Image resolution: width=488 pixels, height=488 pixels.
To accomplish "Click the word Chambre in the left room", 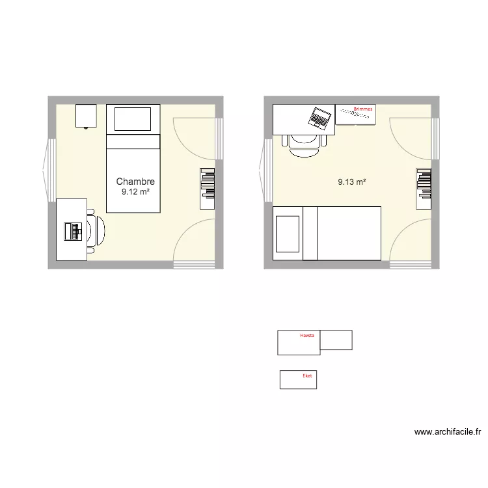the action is pos(135,182).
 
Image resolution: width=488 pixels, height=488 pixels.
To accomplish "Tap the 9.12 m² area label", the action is pos(135,192).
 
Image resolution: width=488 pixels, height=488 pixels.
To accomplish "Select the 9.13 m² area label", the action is pos(351,182).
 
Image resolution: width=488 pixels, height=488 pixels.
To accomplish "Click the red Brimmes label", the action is pos(363,109).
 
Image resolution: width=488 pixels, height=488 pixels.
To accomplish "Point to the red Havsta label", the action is pos(307,335).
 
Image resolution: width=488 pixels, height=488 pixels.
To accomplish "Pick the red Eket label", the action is pos(307,375).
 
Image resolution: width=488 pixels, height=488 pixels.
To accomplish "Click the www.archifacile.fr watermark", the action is pos(448,431).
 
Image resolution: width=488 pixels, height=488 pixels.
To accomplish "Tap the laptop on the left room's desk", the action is pos(73,232).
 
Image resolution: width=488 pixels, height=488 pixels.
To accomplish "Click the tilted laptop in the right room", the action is pos(319,118).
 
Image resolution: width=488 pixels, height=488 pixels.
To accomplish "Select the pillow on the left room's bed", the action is pos(133,119).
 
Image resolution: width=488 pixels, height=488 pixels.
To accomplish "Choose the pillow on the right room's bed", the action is pos(288,234).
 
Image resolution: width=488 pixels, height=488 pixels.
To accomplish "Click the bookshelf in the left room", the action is pos(208,189).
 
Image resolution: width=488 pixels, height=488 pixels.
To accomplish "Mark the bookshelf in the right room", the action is pos(424,189).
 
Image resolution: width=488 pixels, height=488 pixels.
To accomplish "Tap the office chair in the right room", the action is pos(305,146).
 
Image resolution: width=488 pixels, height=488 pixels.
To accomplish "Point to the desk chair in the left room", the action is pos(96,231).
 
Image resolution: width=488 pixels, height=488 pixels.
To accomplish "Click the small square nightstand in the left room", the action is pos(86,116).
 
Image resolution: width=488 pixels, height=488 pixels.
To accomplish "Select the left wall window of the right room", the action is pos(266,170).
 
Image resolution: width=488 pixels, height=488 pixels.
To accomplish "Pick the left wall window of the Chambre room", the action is pos(50,170).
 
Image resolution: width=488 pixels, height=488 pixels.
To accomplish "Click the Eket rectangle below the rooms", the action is pos(298,380).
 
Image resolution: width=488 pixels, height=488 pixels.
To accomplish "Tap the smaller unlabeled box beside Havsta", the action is pos(336,340).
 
